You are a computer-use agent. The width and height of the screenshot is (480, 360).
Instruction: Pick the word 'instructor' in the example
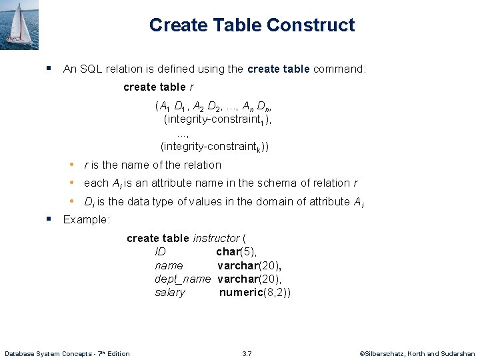click(216, 238)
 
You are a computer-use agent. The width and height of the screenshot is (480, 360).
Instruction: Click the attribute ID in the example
click(160, 251)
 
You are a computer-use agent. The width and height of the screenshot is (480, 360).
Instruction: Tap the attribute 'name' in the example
click(169, 265)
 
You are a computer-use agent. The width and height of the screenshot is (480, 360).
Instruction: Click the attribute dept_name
click(183, 279)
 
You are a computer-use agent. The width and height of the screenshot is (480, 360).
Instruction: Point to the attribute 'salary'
click(170, 293)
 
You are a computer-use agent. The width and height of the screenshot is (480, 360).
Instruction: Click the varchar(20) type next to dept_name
click(249, 279)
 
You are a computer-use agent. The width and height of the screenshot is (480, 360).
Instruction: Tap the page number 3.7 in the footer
click(247, 353)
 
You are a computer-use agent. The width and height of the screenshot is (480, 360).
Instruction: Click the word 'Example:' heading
click(86, 219)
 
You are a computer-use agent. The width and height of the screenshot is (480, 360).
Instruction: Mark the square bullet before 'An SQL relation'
click(49, 68)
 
